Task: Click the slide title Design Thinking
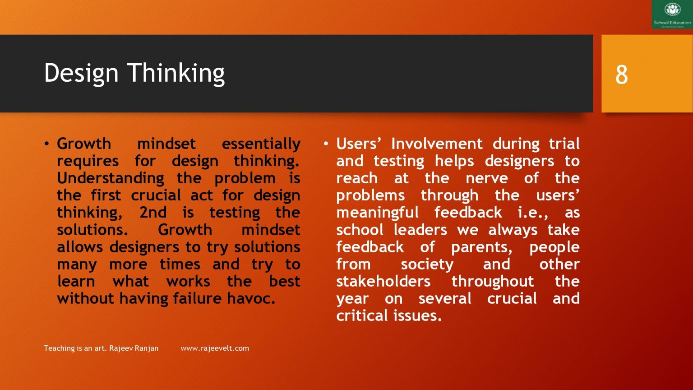click(134, 73)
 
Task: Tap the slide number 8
click(621, 75)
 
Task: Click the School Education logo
click(672, 14)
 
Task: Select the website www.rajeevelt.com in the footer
click(214, 348)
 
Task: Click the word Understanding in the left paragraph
click(111, 178)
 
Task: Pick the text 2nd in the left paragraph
click(153, 213)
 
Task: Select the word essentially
click(261, 144)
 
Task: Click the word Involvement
click(436, 144)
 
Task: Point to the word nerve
click(486, 178)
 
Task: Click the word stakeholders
click(383, 282)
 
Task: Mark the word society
click(427, 265)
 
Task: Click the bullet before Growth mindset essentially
click(47, 144)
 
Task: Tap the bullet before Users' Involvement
click(326, 144)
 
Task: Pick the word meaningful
click(377, 213)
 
